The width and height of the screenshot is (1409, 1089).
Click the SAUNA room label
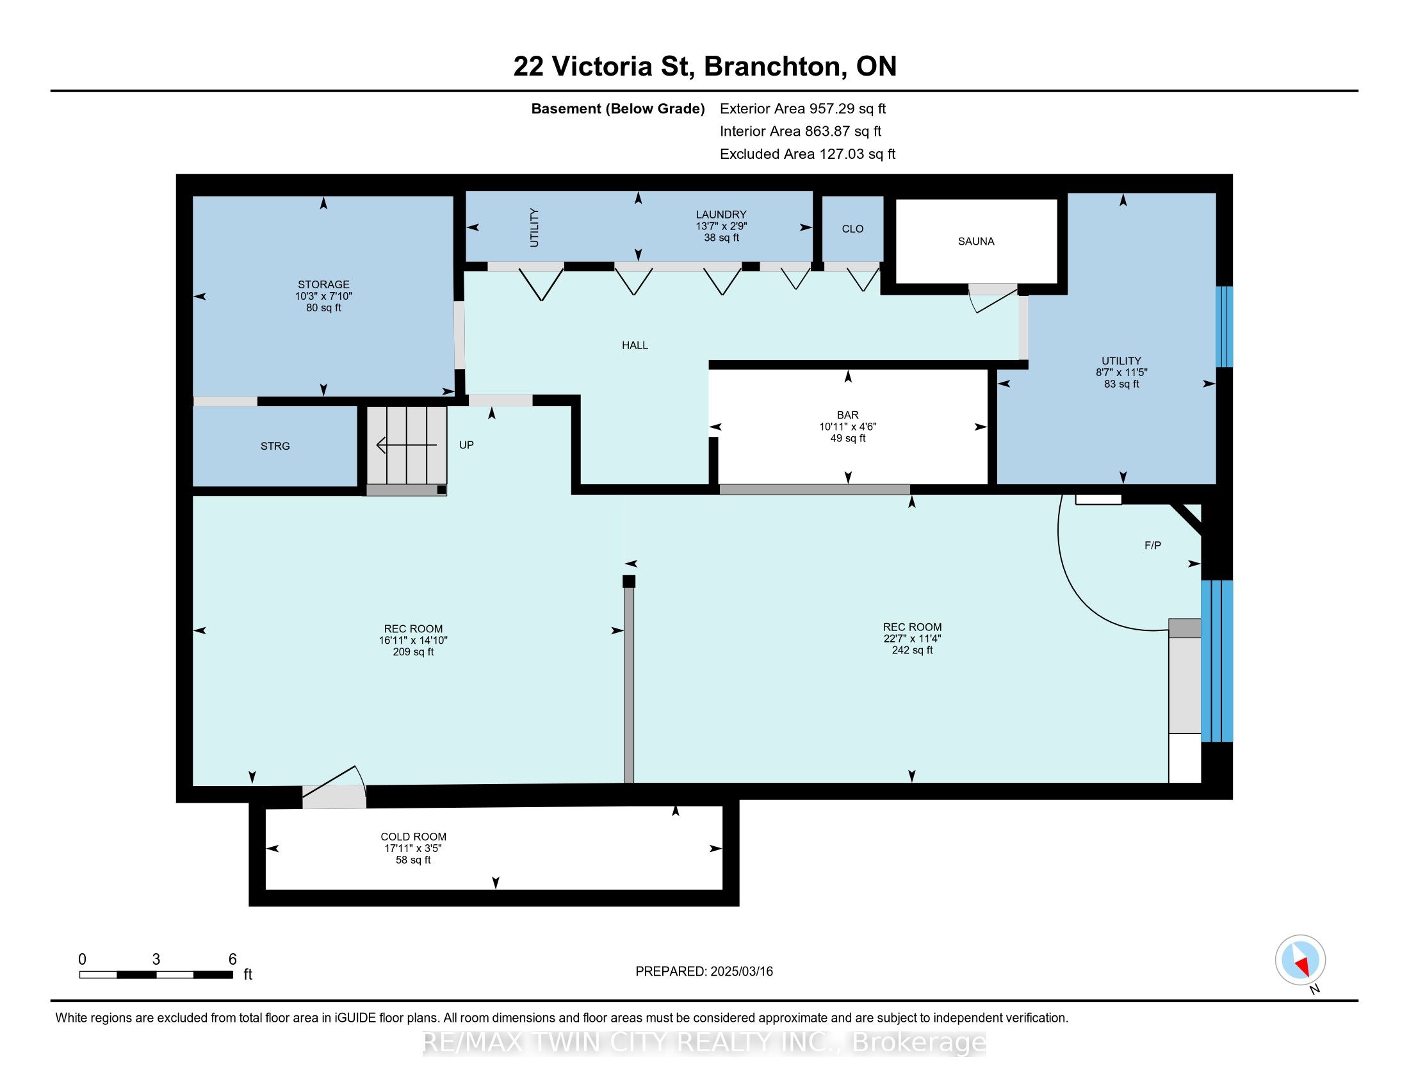[x=975, y=242]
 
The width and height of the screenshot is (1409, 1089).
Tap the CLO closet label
[x=852, y=229]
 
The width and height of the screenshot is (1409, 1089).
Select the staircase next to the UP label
[x=407, y=445]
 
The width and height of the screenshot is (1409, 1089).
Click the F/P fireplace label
[x=1152, y=546]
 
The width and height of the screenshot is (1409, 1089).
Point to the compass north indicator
[x=1300, y=961]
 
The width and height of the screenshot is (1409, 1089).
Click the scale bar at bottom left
[x=156, y=974]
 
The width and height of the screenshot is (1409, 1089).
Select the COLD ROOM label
[x=413, y=837]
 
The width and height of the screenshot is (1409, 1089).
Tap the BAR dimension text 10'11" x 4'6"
[x=848, y=427]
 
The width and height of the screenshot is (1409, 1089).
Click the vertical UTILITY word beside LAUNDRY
[x=534, y=227]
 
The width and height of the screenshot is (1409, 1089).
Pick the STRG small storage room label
[x=275, y=446]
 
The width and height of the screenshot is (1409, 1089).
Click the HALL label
[x=635, y=346]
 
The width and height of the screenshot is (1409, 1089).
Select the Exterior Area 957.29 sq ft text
[x=802, y=109]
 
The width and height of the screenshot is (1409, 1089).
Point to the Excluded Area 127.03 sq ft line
[x=807, y=154]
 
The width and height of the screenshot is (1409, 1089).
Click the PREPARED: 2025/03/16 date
[x=704, y=972]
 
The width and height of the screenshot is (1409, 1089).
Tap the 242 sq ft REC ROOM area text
[x=911, y=650]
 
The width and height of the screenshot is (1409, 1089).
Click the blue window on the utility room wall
[x=1224, y=327]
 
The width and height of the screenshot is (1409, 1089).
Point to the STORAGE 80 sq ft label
[x=323, y=308]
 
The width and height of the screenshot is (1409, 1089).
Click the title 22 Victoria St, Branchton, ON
[x=704, y=67]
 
